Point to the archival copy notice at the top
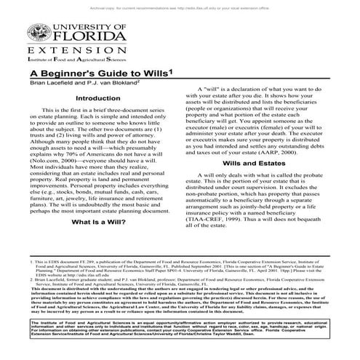(x=180, y=4)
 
